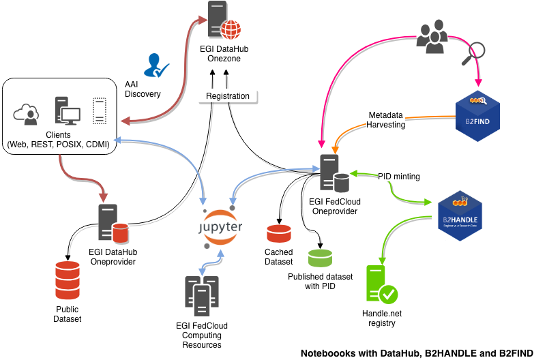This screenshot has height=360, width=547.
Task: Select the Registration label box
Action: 228,96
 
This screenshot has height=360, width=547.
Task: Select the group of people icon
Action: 432,37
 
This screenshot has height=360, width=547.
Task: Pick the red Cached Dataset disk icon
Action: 279,234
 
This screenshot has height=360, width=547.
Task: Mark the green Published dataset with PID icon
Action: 320,258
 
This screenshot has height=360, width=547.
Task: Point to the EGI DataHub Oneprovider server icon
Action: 113,225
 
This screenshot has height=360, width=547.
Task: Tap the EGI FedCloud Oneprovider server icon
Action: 334,175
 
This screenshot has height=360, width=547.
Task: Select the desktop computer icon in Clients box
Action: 67,110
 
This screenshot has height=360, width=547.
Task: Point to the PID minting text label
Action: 399,176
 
